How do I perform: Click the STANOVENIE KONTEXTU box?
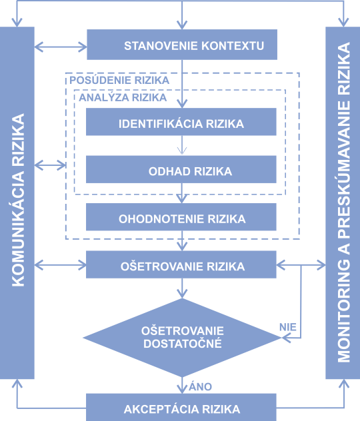[x=181, y=45]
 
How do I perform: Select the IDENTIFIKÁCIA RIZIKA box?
[x=181, y=123]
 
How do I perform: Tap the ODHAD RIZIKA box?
[x=181, y=171]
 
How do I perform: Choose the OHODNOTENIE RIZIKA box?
[x=181, y=218]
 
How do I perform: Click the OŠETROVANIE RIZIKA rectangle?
[x=181, y=266]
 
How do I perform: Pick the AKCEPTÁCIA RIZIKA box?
[x=181, y=408]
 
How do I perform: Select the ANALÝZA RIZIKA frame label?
[x=123, y=97]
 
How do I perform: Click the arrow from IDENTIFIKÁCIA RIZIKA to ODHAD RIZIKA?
[x=181, y=146]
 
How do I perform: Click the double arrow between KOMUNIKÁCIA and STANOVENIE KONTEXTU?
[x=60, y=47]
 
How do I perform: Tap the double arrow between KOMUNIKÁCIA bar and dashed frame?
[x=49, y=163]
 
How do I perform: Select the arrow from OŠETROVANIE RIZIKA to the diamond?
[x=181, y=288]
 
